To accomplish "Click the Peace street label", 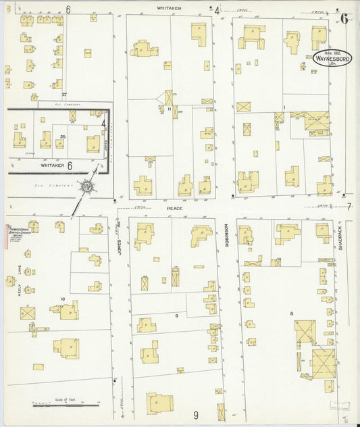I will tap(175, 209).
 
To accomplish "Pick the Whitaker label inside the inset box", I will tap(51, 165).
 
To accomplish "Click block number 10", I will tap(63, 299).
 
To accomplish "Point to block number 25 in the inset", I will tap(62, 137).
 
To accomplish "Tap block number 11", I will tap(170, 108).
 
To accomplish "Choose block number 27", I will tap(65, 94).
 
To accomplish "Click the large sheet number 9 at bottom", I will tap(196, 415).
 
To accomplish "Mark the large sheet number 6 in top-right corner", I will tap(344, 18).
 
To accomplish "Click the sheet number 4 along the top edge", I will tap(217, 10).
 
